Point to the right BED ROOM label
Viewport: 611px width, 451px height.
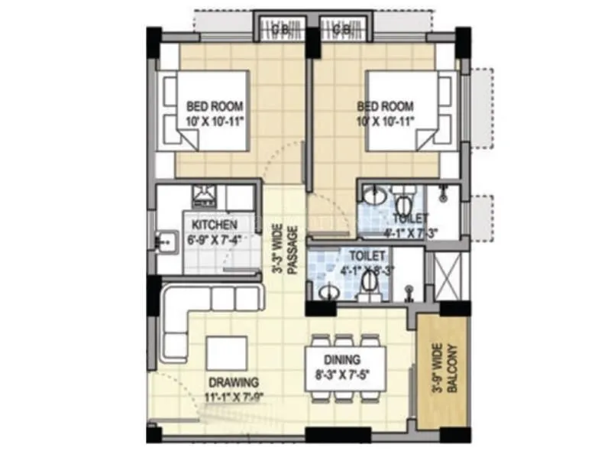pos(385,106)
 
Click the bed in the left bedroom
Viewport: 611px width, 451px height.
pos(206,111)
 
